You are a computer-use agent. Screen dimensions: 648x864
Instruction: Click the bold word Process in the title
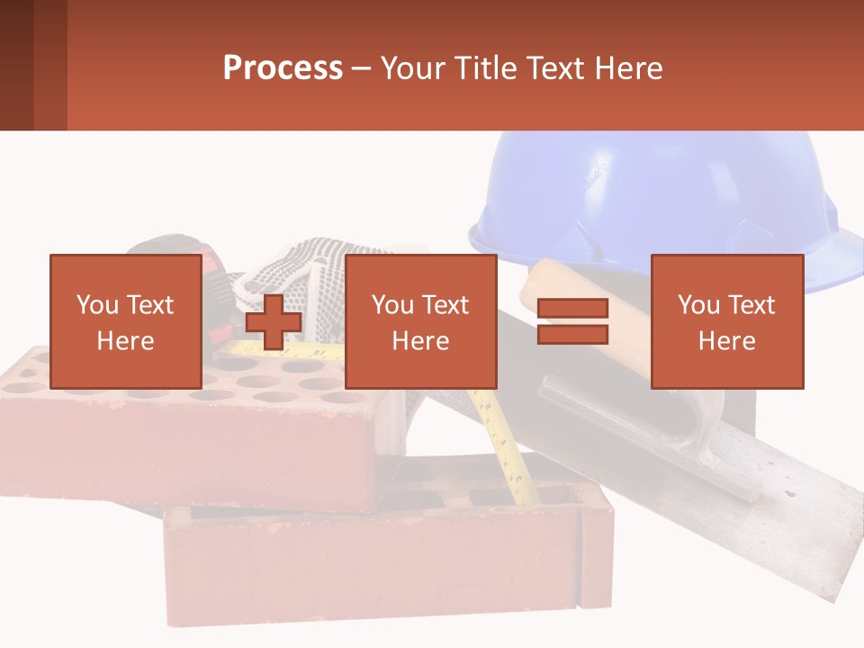283,68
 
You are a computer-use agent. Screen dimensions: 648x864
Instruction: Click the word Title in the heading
490,68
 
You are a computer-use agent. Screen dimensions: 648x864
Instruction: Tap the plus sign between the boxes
274,322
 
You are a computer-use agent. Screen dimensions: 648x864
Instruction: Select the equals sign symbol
572,322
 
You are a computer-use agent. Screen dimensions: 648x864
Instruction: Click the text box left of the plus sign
125,322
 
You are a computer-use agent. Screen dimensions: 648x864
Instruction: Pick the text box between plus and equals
420,322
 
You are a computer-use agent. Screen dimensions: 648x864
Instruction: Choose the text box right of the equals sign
726,322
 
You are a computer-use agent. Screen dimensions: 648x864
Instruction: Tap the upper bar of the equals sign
572,309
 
